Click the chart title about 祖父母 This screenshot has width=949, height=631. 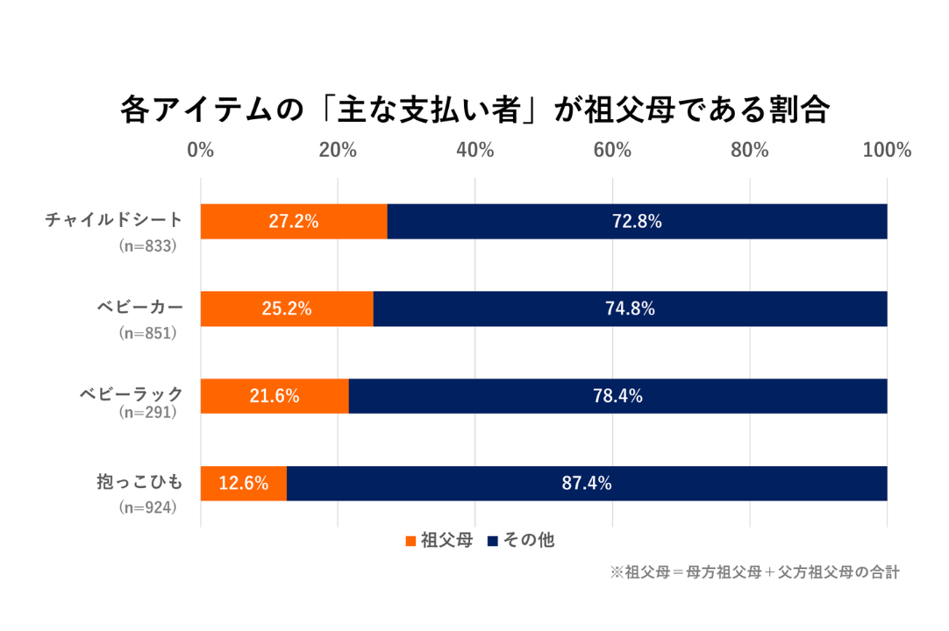pyautogui.click(x=474, y=111)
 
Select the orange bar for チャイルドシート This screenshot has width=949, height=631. pyautogui.click(x=294, y=221)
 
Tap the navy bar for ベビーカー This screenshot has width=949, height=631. pyautogui.click(x=630, y=308)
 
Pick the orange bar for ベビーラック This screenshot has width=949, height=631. pyautogui.click(x=275, y=396)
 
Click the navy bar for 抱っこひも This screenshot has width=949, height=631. pyautogui.click(x=587, y=483)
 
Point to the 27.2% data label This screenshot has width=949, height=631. pyautogui.click(x=294, y=222)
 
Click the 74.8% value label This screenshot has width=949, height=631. pyautogui.click(x=630, y=308)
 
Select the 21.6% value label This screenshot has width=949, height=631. pyautogui.click(x=275, y=396)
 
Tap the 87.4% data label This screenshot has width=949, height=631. pyautogui.click(x=587, y=483)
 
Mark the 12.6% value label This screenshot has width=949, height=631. pyautogui.click(x=243, y=483)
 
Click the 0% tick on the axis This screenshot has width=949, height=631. pyautogui.click(x=201, y=150)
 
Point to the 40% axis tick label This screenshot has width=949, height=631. pyautogui.click(x=474, y=150)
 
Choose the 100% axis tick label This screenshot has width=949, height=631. pyautogui.click(x=887, y=150)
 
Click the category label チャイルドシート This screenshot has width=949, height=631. pyautogui.click(x=115, y=218)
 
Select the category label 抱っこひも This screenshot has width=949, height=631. pyautogui.click(x=140, y=481)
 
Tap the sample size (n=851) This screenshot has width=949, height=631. pyautogui.click(x=148, y=333)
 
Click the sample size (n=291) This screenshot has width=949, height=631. pyautogui.click(x=148, y=413)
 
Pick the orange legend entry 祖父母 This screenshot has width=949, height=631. pyautogui.click(x=439, y=541)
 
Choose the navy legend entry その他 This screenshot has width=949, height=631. pyautogui.click(x=521, y=541)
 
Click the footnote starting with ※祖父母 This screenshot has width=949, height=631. pyautogui.click(x=755, y=572)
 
